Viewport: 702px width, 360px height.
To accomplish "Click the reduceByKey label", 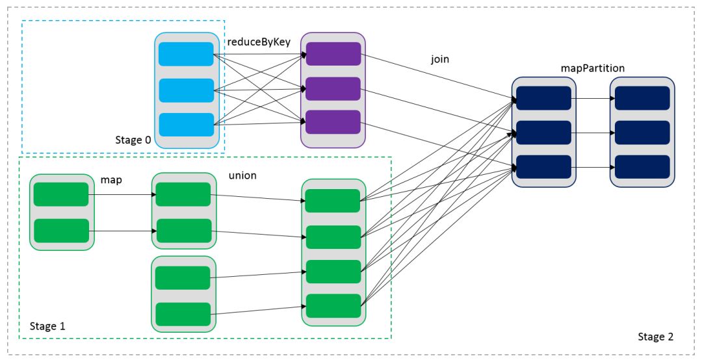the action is (259, 42).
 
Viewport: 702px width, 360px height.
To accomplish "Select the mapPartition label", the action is (592, 68).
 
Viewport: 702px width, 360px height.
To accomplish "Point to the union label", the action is (242, 175).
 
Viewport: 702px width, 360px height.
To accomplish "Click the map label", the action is (111, 180).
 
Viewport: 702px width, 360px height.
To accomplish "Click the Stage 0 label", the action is (133, 140).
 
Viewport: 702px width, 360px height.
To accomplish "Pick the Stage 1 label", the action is (47, 326).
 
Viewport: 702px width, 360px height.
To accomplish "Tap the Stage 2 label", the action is (655, 337).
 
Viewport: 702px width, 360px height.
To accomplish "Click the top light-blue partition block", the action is (186, 54).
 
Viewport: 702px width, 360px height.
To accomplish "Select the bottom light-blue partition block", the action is (186, 125).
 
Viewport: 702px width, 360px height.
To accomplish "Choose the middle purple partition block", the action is (333, 88).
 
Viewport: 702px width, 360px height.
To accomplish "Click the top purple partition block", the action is (333, 54).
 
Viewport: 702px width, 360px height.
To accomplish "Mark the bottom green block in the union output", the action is (333, 306).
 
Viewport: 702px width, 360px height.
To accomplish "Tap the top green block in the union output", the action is (333, 201).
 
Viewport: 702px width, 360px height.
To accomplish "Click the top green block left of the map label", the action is (61, 194).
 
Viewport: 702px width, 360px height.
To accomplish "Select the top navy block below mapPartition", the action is (543, 98).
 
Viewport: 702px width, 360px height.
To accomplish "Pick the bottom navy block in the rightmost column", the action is (642, 167).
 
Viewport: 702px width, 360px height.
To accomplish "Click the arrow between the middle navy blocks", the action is (593, 133).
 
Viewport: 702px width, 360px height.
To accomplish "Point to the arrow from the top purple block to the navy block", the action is (439, 77).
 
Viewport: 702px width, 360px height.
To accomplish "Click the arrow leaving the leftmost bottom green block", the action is (123, 231).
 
